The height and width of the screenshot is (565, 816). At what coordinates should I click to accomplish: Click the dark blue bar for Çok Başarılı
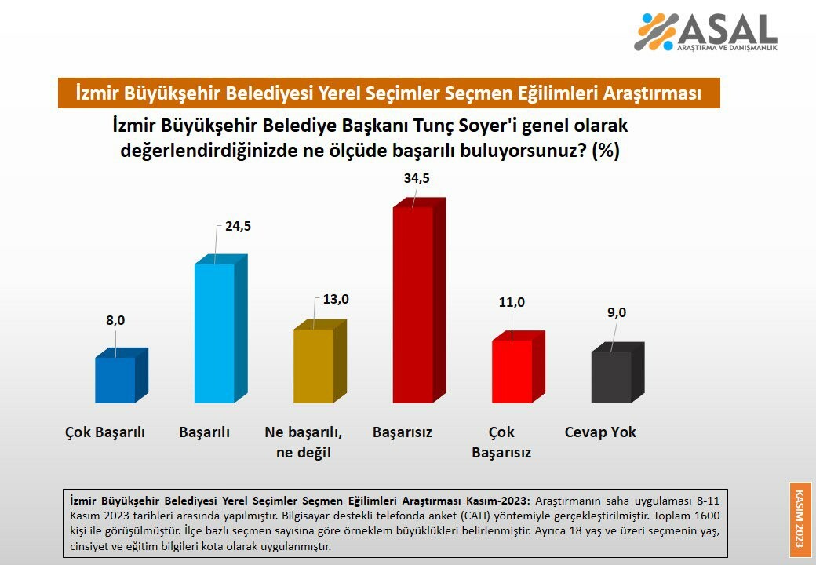coord(122,376)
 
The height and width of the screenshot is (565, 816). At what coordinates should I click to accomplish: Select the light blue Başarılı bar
coord(220,329)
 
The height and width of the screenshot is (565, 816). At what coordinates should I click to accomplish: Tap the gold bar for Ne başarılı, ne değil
coord(319,362)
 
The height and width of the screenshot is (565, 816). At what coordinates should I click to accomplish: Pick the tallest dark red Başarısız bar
coord(419,301)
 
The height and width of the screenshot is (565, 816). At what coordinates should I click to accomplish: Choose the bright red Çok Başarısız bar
coord(519,367)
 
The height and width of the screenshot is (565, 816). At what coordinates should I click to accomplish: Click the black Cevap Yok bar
coord(617,373)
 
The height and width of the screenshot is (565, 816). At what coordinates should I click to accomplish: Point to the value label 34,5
coord(417,178)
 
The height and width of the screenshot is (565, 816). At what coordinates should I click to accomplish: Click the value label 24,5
coord(239,226)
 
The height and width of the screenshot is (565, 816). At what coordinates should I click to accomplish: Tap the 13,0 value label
coord(336,299)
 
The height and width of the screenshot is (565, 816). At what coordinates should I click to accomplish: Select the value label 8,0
coord(115,320)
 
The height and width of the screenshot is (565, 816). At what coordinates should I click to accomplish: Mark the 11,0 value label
coord(512,302)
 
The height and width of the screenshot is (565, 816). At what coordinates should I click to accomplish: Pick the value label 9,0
coord(617,312)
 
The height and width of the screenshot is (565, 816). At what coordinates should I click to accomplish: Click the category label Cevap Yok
coord(600,432)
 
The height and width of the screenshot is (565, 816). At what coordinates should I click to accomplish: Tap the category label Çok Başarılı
coord(105,433)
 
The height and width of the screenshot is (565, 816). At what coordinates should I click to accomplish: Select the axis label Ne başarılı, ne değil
coord(304,443)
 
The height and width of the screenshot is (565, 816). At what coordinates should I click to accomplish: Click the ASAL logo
coord(705,32)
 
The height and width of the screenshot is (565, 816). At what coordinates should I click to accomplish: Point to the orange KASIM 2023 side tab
coord(800,519)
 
